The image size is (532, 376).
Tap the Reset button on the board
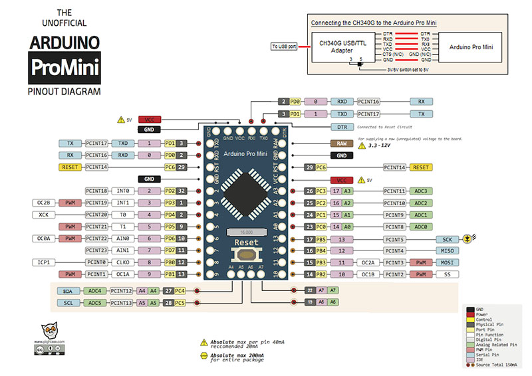[245, 250]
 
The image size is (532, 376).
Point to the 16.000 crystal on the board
[245, 231]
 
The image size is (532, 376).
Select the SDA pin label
[67, 290]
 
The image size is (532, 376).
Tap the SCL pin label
[67, 303]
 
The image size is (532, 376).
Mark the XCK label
[43, 215]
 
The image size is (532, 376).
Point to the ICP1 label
[43, 262]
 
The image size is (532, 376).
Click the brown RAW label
[342, 143]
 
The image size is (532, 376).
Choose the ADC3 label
[420, 191]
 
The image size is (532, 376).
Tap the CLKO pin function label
[122, 262]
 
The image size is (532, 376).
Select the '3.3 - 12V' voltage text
[378, 144]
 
